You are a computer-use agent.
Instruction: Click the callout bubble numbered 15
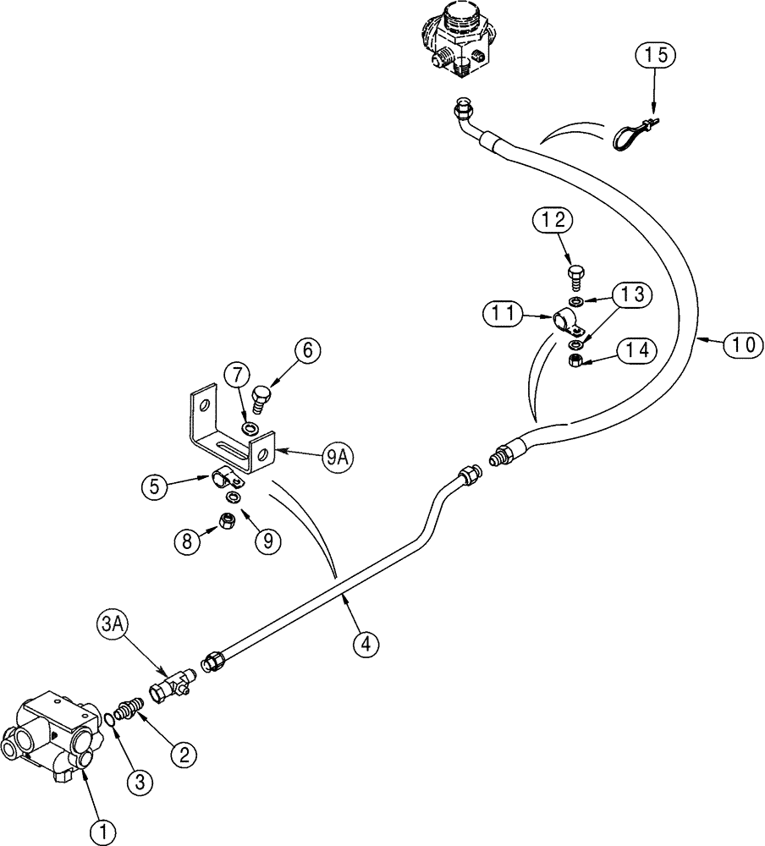point(657,56)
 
